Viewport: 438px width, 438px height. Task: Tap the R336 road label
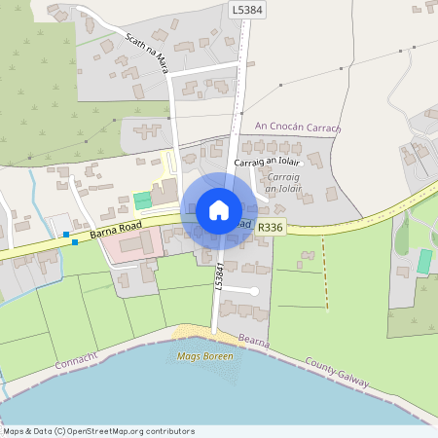click(272, 227)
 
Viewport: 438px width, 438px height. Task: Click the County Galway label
click(337, 372)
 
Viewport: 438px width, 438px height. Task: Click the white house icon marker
click(219, 209)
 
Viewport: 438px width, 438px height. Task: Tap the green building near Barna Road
click(143, 200)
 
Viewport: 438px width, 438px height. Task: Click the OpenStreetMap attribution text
click(98, 431)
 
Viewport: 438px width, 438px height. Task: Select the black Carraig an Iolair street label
click(268, 163)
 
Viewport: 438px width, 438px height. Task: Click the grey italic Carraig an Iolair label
click(283, 182)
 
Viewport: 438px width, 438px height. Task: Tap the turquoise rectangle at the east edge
click(424, 261)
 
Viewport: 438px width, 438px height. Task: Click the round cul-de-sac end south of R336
click(254, 291)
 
